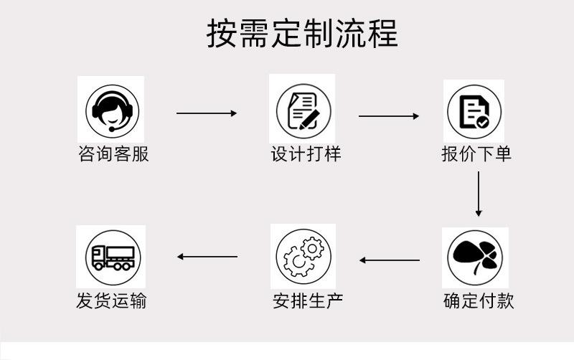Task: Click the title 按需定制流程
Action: click(302, 33)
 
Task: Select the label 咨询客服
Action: click(113, 153)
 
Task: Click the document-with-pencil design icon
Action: click(304, 110)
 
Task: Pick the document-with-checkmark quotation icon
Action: click(474, 112)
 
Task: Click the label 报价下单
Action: click(476, 153)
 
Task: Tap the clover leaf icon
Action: click(475, 257)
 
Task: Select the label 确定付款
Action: click(479, 299)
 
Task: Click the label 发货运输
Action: click(111, 299)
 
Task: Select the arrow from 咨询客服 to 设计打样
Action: click(207, 113)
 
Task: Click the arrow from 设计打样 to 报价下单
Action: click(389, 115)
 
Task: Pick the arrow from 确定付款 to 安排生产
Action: click(390, 260)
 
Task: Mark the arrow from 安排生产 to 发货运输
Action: click(207, 256)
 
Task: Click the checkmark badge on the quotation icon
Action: click(483, 123)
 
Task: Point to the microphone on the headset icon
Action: click(113, 129)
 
